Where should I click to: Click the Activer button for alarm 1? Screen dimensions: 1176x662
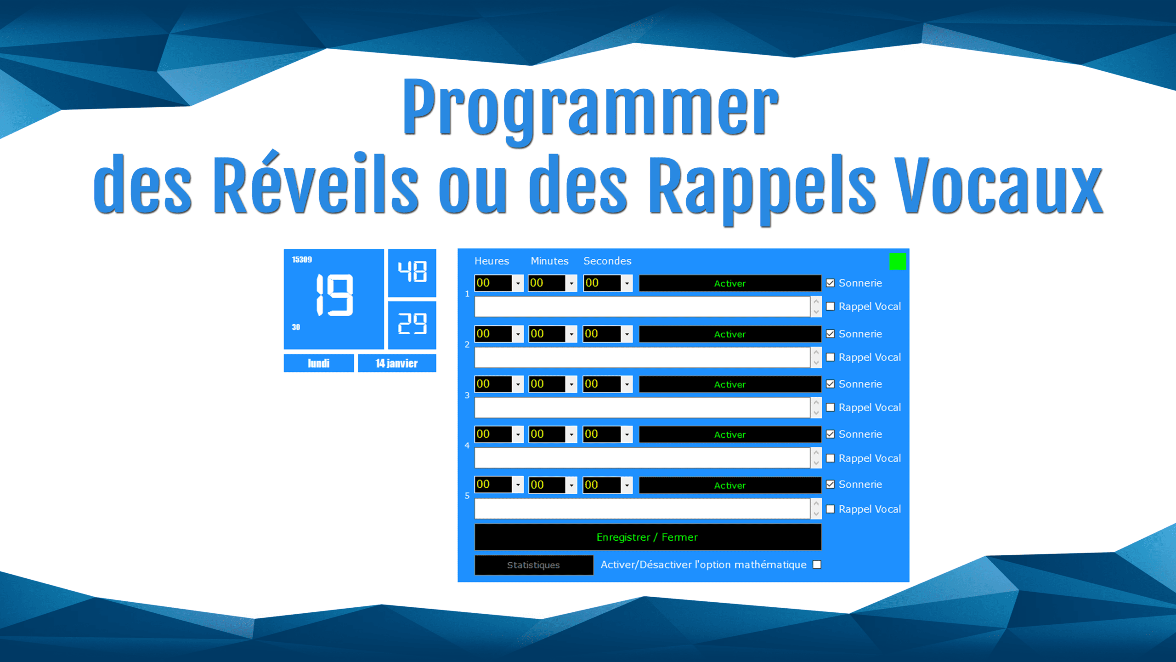click(x=729, y=283)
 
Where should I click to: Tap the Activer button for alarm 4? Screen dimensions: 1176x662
click(x=729, y=434)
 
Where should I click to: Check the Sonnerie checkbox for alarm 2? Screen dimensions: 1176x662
click(x=830, y=334)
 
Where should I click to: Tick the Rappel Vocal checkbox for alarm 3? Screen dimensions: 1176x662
click(x=830, y=407)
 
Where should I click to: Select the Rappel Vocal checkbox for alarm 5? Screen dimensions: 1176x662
click(x=830, y=509)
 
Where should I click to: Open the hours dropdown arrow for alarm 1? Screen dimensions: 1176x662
click(x=518, y=283)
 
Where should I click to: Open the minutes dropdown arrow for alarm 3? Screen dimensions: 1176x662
click(x=571, y=384)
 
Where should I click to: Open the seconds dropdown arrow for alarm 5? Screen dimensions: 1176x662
click(x=627, y=485)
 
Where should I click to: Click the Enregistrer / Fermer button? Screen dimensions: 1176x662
click(x=648, y=537)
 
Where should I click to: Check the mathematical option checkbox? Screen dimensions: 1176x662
click(x=817, y=565)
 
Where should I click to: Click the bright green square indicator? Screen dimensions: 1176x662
click(x=898, y=262)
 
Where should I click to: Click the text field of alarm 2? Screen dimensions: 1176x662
click(x=642, y=357)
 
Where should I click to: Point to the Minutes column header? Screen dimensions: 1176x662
click(x=549, y=261)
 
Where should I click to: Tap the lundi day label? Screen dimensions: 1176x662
click(x=319, y=363)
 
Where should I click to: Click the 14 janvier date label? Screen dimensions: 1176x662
click(x=397, y=363)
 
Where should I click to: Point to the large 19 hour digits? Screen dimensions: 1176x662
click(x=335, y=295)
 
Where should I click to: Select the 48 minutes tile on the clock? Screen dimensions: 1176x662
click(x=412, y=273)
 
